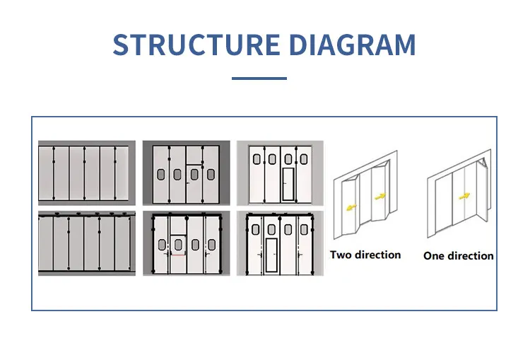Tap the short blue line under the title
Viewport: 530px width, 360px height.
(259, 78)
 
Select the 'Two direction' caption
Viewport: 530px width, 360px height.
(365, 255)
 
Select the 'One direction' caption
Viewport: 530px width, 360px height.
(458, 255)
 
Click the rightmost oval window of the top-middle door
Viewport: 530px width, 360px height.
(210, 174)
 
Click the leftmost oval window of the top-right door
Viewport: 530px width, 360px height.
(257, 158)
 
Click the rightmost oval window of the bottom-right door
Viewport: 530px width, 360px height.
(305, 229)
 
